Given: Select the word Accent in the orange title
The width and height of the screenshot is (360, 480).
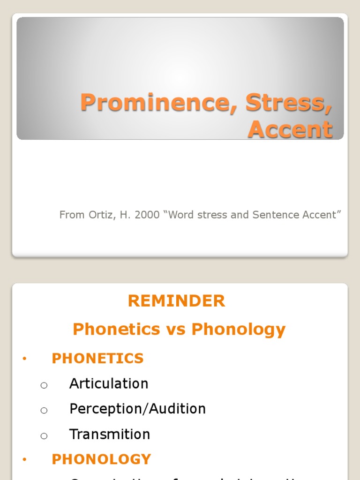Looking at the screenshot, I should point(290,129).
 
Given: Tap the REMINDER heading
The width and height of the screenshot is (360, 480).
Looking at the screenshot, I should point(177,301).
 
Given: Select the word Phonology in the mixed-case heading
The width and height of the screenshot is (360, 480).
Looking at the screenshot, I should point(239,330).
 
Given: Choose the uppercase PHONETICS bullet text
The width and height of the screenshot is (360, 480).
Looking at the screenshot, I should point(97,359).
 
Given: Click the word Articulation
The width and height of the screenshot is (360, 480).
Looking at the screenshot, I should point(109,383).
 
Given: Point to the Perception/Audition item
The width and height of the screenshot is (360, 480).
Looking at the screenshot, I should point(137,409).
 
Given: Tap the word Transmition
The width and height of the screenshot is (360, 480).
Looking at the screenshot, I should point(110,434).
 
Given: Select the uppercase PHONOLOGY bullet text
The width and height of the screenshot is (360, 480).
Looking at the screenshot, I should point(101,459).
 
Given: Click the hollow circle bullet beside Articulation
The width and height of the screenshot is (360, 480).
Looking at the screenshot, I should point(44,385).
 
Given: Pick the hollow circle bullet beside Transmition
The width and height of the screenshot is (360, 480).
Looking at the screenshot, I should point(44,436).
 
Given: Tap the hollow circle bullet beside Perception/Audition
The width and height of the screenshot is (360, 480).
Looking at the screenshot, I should point(44,411).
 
